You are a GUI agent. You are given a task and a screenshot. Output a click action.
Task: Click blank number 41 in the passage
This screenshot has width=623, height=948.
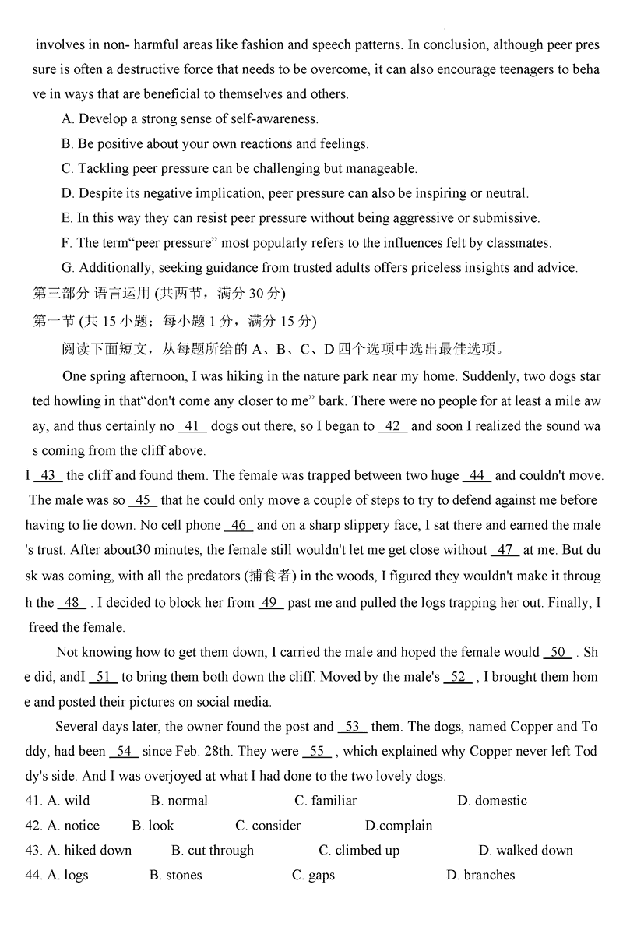pyautogui.click(x=192, y=426)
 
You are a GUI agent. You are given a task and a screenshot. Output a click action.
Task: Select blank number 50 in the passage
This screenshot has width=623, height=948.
pyautogui.click(x=558, y=652)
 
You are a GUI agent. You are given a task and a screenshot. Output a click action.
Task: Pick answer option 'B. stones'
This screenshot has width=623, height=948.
pyautogui.click(x=175, y=876)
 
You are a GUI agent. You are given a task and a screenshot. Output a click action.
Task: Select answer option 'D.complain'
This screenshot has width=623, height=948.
pyautogui.click(x=399, y=826)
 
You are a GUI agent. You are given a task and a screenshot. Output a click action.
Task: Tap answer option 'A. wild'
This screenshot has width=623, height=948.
pyautogui.click(x=69, y=801)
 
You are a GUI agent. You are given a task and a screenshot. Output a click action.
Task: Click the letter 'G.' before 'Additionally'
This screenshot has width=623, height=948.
pyautogui.click(x=68, y=268)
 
